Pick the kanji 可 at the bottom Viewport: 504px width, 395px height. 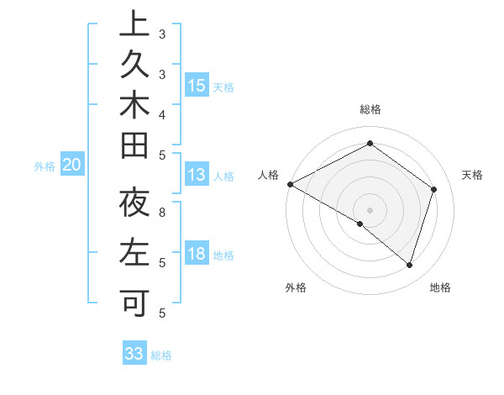[134, 300]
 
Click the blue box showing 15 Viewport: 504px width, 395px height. [197, 86]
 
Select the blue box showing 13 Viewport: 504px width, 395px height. [197, 175]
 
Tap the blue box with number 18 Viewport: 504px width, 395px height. [197, 254]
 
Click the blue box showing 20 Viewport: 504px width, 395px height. [72, 166]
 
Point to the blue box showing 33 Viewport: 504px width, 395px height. [134, 354]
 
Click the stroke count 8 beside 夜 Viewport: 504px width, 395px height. [162, 213]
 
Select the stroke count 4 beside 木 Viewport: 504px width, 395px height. [162, 113]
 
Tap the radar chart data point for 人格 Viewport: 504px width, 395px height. [290, 184]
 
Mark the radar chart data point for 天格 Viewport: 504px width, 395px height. [434, 189]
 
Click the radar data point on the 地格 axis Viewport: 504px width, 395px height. [410, 265]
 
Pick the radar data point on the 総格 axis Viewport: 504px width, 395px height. [370, 144]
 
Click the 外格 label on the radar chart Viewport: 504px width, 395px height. [296, 287]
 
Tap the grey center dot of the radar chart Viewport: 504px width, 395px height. [370, 209]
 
